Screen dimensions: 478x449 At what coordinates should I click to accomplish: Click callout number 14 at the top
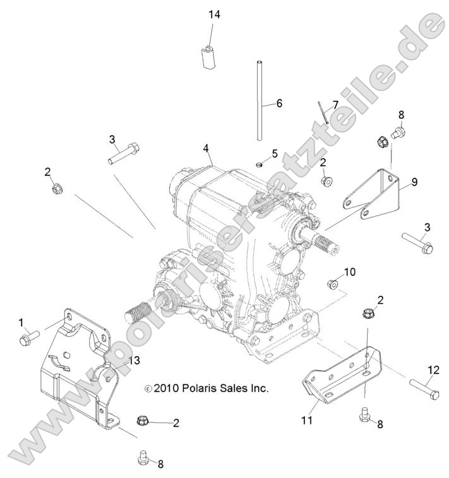click(x=214, y=15)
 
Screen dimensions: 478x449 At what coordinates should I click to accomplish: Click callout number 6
click(x=280, y=103)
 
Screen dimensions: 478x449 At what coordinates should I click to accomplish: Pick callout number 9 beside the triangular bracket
click(x=414, y=182)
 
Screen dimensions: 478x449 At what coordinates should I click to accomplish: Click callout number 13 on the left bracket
click(x=134, y=360)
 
